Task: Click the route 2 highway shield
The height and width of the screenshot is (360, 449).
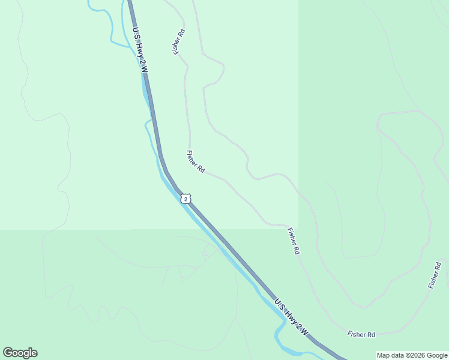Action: pyautogui.click(x=186, y=198)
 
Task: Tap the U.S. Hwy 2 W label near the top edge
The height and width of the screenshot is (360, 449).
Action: pyautogui.click(x=139, y=52)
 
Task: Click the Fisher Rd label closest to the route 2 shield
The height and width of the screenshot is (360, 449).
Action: pyautogui.click(x=196, y=162)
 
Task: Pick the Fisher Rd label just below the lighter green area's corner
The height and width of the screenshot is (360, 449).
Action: pyautogui.click(x=294, y=241)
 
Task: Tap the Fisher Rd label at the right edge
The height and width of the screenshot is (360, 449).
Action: pyautogui.click(x=435, y=275)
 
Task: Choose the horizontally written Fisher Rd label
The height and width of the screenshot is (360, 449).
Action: pyautogui.click(x=361, y=334)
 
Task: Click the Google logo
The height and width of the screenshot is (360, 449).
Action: pyautogui.click(x=20, y=353)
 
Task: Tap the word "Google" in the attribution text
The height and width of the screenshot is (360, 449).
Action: pyautogui.click(x=438, y=355)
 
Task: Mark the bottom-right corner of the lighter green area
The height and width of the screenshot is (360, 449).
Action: pyautogui.click(x=298, y=229)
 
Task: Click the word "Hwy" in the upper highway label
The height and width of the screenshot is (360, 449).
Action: pyautogui.click(x=139, y=50)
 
